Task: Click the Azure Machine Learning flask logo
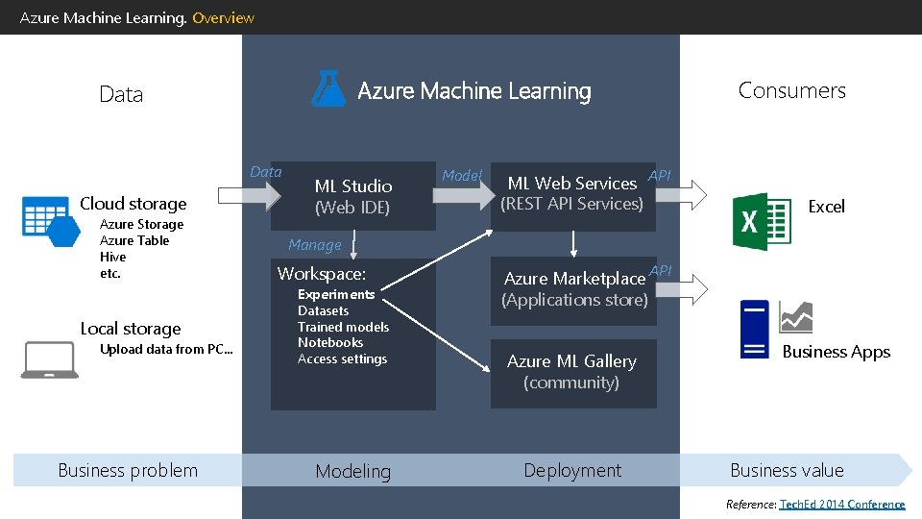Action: coord(328,88)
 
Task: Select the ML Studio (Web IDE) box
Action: coord(352,195)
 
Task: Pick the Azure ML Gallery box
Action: coord(572,372)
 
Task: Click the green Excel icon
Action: coord(762,222)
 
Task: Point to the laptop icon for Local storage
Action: coord(50,360)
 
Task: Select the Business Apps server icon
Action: coord(755,330)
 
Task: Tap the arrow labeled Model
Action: coord(462,194)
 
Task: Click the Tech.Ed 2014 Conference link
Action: coord(841,505)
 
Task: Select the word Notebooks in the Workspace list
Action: coord(330,343)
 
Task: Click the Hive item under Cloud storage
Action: coord(112,258)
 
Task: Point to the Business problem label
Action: coord(128,471)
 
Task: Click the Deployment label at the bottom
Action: coord(572,471)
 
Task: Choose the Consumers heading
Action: coord(791,90)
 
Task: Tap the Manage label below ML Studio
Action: coord(314,245)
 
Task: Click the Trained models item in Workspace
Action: coord(343,327)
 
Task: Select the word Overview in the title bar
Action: coord(223,17)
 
